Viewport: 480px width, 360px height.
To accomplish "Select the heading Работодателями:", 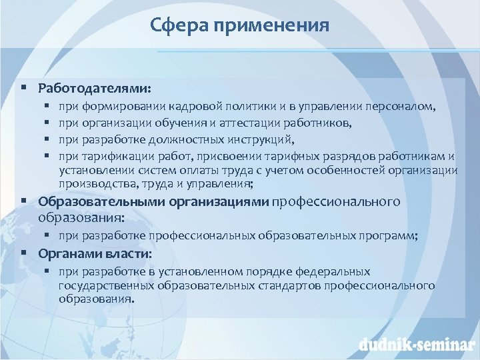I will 95,88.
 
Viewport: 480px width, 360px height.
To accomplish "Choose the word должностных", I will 190,139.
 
